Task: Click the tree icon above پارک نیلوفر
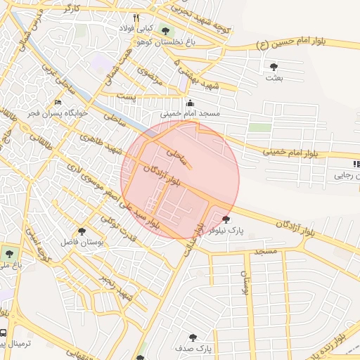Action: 225,219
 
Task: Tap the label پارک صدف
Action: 194,348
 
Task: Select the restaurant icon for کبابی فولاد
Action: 136,18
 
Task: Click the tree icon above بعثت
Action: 274,67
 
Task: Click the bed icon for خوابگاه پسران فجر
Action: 58,103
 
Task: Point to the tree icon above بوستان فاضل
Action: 82,231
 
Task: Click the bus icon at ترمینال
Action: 4,333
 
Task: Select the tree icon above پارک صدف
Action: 193,337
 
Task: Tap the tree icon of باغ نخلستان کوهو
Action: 166,31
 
